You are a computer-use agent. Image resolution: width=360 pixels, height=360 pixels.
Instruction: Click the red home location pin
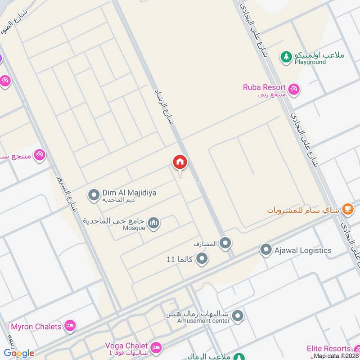[180, 162]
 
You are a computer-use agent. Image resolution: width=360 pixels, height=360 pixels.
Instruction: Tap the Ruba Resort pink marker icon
[294, 90]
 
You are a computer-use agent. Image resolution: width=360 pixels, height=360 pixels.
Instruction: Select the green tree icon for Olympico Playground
[286, 56]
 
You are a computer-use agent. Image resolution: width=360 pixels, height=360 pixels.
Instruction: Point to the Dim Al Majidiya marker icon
[94, 195]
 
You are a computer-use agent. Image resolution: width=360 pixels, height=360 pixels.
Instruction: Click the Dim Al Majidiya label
[130, 193]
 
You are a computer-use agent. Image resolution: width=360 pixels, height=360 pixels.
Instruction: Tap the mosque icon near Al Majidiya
[154, 223]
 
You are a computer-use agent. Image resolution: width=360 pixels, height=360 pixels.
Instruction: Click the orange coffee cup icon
[347, 208]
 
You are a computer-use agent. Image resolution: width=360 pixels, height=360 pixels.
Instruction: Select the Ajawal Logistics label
[303, 250]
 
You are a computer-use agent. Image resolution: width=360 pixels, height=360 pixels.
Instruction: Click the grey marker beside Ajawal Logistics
[266, 250]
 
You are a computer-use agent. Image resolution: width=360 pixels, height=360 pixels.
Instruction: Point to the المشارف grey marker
[226, 243]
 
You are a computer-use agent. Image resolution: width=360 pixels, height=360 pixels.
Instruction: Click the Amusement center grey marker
[238, 315]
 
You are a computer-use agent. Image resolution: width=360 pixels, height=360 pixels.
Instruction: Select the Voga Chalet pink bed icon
[156, 347]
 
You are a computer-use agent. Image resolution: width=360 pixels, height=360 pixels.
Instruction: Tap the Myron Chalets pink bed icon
[70, 326]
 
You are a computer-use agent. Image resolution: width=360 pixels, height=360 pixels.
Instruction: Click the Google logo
[19, 353]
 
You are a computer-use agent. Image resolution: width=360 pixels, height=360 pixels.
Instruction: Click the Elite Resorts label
[329, 348]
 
